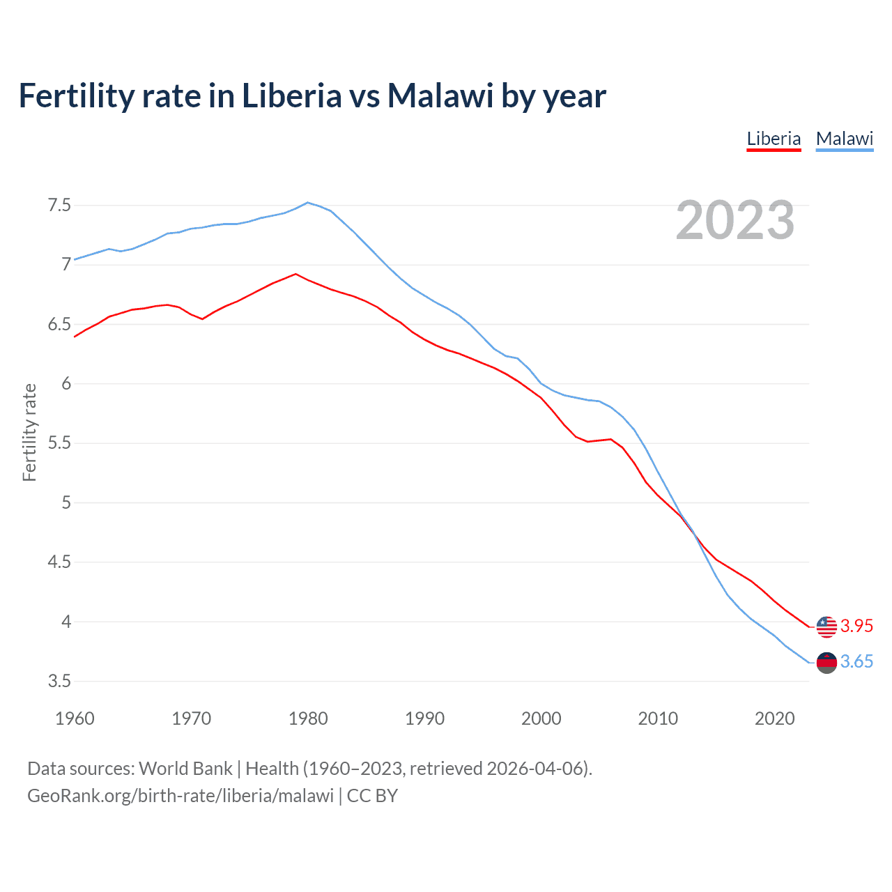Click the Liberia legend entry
pyautogui.click(x=774, y=139)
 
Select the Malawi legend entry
pyautogui.click(x=844, y=139)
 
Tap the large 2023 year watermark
pyautogui.click(x=735, y=220)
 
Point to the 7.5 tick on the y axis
pyautogui.click(x=59, y=205)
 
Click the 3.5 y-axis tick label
pyautogui.click(x=59, y=681)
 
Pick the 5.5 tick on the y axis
pyautogui.click(x=59, y=443)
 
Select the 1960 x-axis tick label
pyautogui.click(x=75, y=718)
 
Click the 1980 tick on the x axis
pyautogui.click(x=308, y=718)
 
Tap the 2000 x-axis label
pyautogui.click(x=541, y=718)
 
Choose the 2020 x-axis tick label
pyautogui.click(x=774, y=718)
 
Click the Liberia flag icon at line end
pyautogui.click(x=826, y=626)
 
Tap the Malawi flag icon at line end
pyautogui.click(x=826, y=663)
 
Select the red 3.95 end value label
pyautogui.click(x=856, y=626)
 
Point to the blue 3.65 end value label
pyautogui.click(x=856, y=661)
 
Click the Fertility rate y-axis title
pyautogui.click(x=29, y=432)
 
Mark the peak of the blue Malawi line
pyautogui.click(x=308, y=203)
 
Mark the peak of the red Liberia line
pyautogui.click(x=296, y=274)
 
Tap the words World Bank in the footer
pyautogui.click(x=185, y=768)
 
